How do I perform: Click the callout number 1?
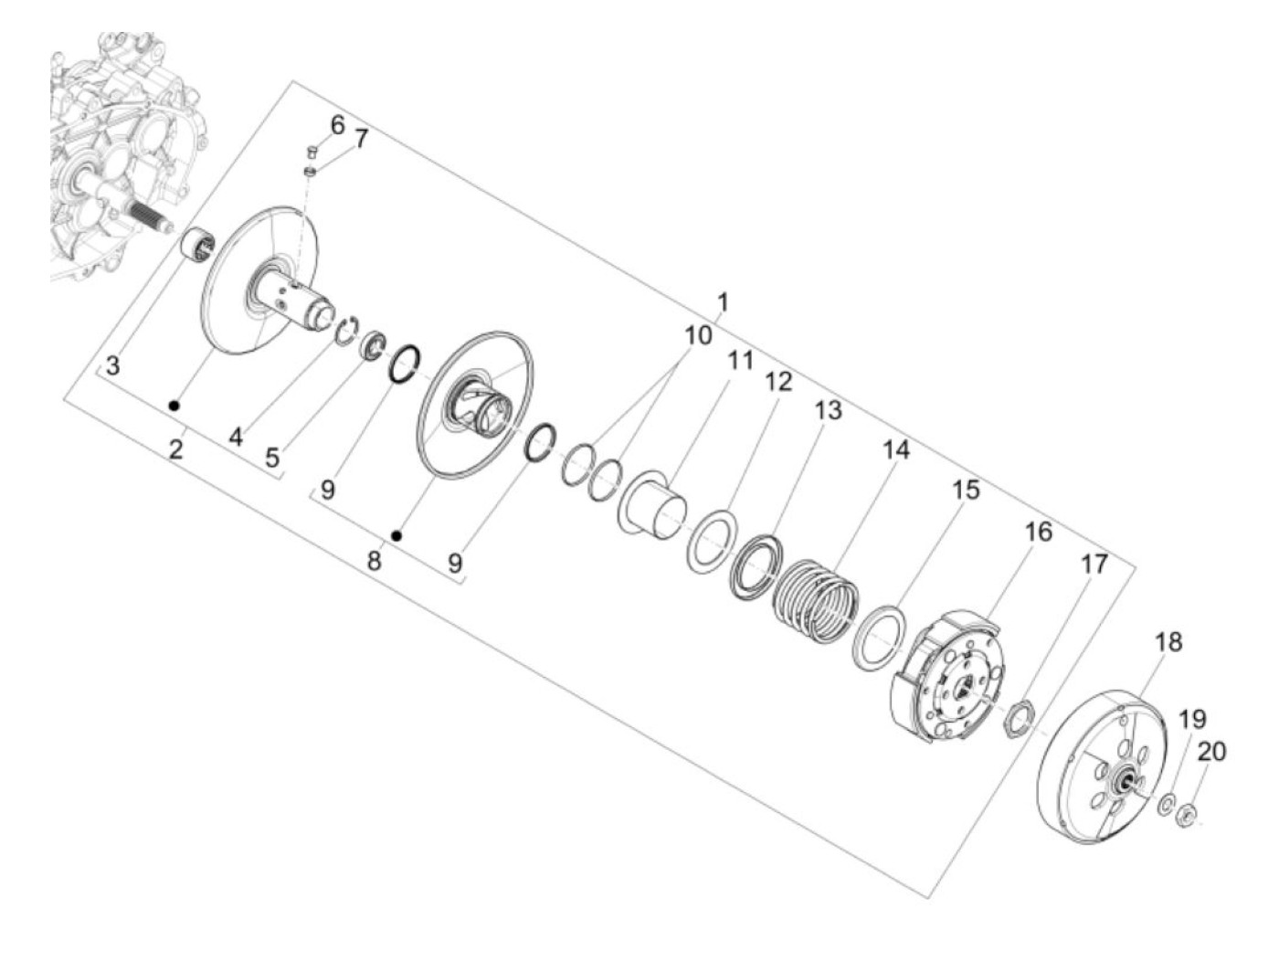click(x=722, y=303)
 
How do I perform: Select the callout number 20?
click(x=1211, y=751)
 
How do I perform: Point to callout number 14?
click(x=896, y=449)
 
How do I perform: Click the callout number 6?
click(x=337, y=124)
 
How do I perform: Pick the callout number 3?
click(x=113, y=366)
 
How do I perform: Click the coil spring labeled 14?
click(x=814, y=600)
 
